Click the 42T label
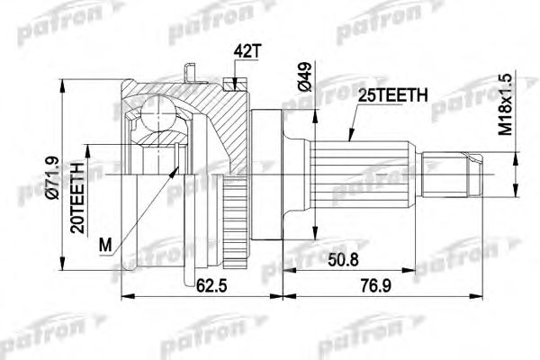245,51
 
